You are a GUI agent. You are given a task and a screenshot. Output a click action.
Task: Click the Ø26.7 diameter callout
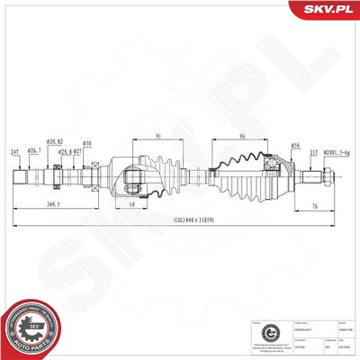pos(33,150)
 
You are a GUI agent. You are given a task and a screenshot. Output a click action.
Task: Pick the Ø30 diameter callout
pos(87,144)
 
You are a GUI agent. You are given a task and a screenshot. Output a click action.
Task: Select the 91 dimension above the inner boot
pos(158,137)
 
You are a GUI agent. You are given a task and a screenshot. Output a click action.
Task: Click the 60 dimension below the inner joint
pos(131,205)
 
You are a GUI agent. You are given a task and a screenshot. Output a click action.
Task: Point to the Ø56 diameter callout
pos(294,145)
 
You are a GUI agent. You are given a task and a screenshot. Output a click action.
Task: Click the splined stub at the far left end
pos(19,175)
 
